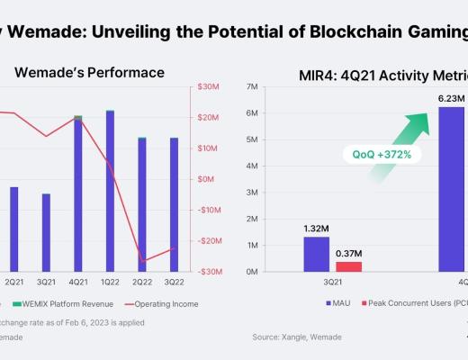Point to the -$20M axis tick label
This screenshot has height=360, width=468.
(211, 241)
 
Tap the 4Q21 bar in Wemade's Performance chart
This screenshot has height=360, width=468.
(78, 193)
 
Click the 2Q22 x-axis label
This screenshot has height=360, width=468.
(142, 281)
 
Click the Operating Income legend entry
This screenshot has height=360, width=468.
(166, 304)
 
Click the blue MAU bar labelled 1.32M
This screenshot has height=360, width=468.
(316, 253)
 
